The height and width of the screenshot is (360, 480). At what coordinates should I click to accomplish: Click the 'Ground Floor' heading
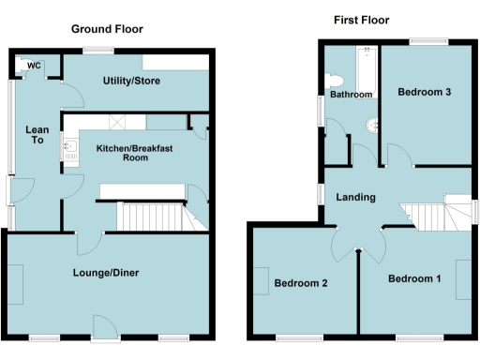tap(108, 29)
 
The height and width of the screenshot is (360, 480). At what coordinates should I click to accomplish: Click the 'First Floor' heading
tap(361, 20)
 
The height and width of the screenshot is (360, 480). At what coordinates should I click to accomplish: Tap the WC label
tap(34, 66)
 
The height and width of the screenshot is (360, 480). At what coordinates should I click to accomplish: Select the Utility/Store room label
tap(131, 82)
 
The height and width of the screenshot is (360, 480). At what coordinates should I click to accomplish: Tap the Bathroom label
tap(350, 95)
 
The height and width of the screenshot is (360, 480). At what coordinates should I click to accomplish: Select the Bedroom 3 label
tap(425, 92)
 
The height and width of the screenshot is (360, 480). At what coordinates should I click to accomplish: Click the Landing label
tap(356, 197)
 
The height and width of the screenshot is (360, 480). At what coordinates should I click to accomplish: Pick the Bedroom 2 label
tap(300, 282)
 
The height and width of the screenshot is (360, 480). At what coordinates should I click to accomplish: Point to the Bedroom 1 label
tap(413, 278)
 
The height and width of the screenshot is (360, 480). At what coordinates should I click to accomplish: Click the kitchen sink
tap(70, 148)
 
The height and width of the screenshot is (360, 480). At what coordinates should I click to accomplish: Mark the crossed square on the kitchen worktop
tap(118, 122)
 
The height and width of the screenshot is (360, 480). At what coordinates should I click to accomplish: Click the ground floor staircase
tap(150, 218)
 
